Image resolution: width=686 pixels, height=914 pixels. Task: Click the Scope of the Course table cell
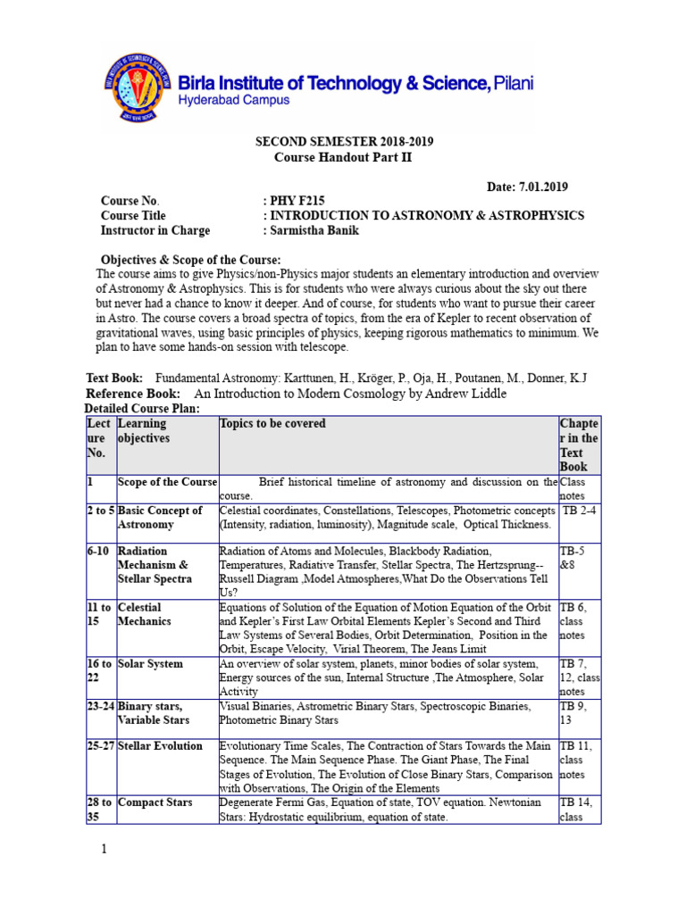point(167,482)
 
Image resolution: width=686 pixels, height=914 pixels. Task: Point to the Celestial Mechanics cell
point(144,614)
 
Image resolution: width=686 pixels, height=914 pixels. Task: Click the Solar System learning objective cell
point(150,664)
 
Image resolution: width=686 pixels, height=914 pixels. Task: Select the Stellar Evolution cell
point(161,746)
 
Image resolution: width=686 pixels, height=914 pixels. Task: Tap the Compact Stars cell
point(155,803)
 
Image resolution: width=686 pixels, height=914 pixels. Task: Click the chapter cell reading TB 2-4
point(579,511)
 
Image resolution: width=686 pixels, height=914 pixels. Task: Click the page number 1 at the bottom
point(104,849)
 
